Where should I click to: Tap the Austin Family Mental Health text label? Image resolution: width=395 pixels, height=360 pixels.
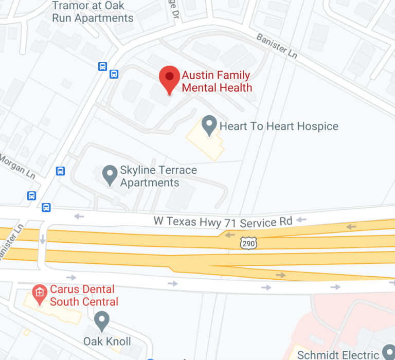pyautogui.click(x=217, y=81)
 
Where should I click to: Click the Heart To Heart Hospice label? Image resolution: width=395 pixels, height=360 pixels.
pyautogui.click(x=279, y=126)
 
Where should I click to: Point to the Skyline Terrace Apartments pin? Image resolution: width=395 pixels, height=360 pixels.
pyautogui.click(x=109, y=175)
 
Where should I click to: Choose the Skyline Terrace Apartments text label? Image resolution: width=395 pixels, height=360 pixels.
pyautogui.click(x=158, y=176)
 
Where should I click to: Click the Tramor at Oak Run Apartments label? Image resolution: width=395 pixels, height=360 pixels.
pyautogui.click(x=93, y=12)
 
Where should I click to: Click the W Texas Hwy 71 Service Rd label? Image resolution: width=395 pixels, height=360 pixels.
pyautogui.click(x=223, y=222)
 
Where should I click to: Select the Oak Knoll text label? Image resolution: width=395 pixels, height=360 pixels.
pyautogui.click(x=107, y=341)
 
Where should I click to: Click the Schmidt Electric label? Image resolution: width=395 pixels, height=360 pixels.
pyautogui.click(x=338, y=354)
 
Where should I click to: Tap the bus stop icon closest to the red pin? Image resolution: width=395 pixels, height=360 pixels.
pyautogui.click(x=114, y=74)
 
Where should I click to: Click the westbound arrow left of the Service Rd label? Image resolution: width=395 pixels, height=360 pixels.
pyautogui.click(x=79, y=217)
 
